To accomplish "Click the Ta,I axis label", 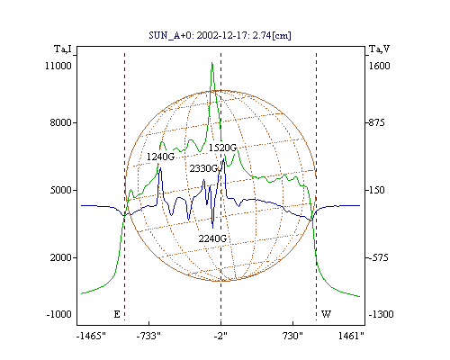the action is (x=63, y=49).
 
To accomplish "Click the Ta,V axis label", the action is (x=379, y=49).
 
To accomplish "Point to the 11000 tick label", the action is (x=58, y=66).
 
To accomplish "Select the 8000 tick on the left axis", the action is (x=61, y=122).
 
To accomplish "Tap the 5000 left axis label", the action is (x=61, y=190).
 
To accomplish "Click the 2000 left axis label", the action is (x=61, y=257).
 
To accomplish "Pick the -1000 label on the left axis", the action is (x=58, y=314).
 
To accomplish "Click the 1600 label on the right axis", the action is (x=379, y=66).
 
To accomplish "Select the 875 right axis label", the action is (x=376, y=122).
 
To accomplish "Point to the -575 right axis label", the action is (x=378, y=257).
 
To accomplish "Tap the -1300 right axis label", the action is (x=381, y=314).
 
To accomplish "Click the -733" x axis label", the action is (x=148, y=336).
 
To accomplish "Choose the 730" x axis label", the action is (x=292, y=336).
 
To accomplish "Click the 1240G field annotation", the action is (x=160, y=157).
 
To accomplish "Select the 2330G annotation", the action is (x=203, y=168).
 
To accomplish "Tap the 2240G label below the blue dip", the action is (x=212, y=238).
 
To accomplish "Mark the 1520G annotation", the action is (x=222, y=148).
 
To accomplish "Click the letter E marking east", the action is (x=117, y=314).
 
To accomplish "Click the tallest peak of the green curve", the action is (x=212, y=63).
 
